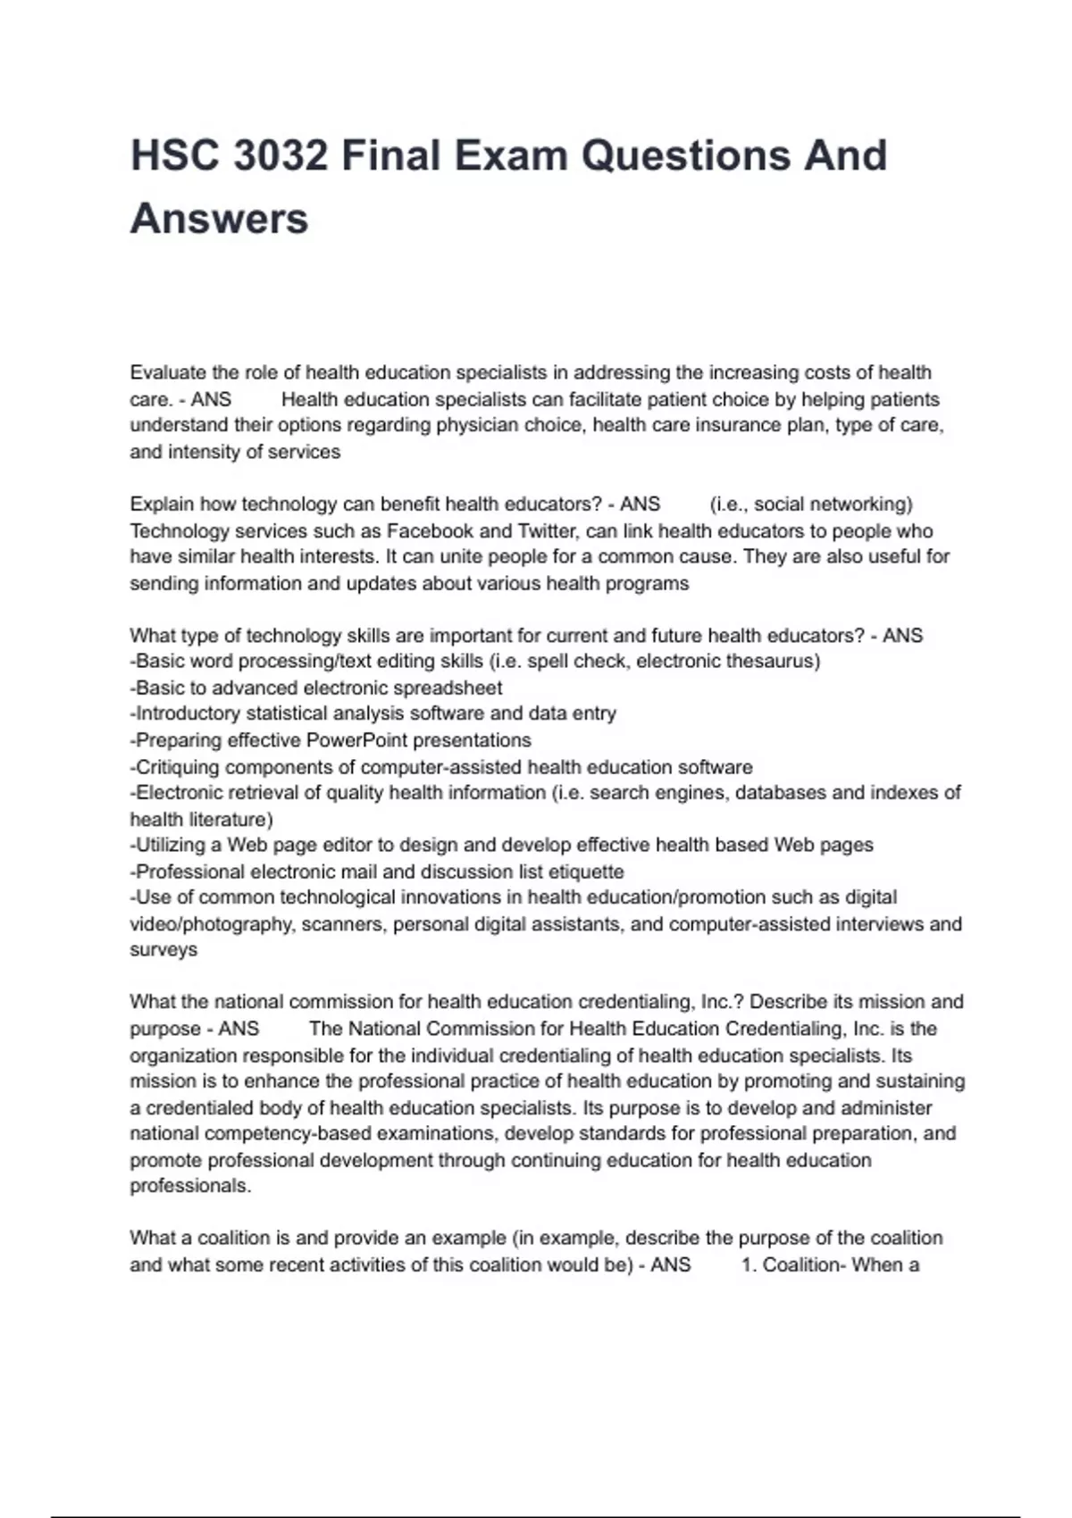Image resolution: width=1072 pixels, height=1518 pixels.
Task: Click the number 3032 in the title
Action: (280, 155)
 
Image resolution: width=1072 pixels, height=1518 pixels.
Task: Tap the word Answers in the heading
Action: (219, 219)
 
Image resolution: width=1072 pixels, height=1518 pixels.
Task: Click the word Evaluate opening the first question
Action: (168, 372)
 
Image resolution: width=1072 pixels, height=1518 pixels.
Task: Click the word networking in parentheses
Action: (858, 505)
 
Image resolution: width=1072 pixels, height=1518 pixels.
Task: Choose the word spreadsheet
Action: (450, 688)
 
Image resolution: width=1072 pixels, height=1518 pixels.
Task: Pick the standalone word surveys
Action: (163, 950)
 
